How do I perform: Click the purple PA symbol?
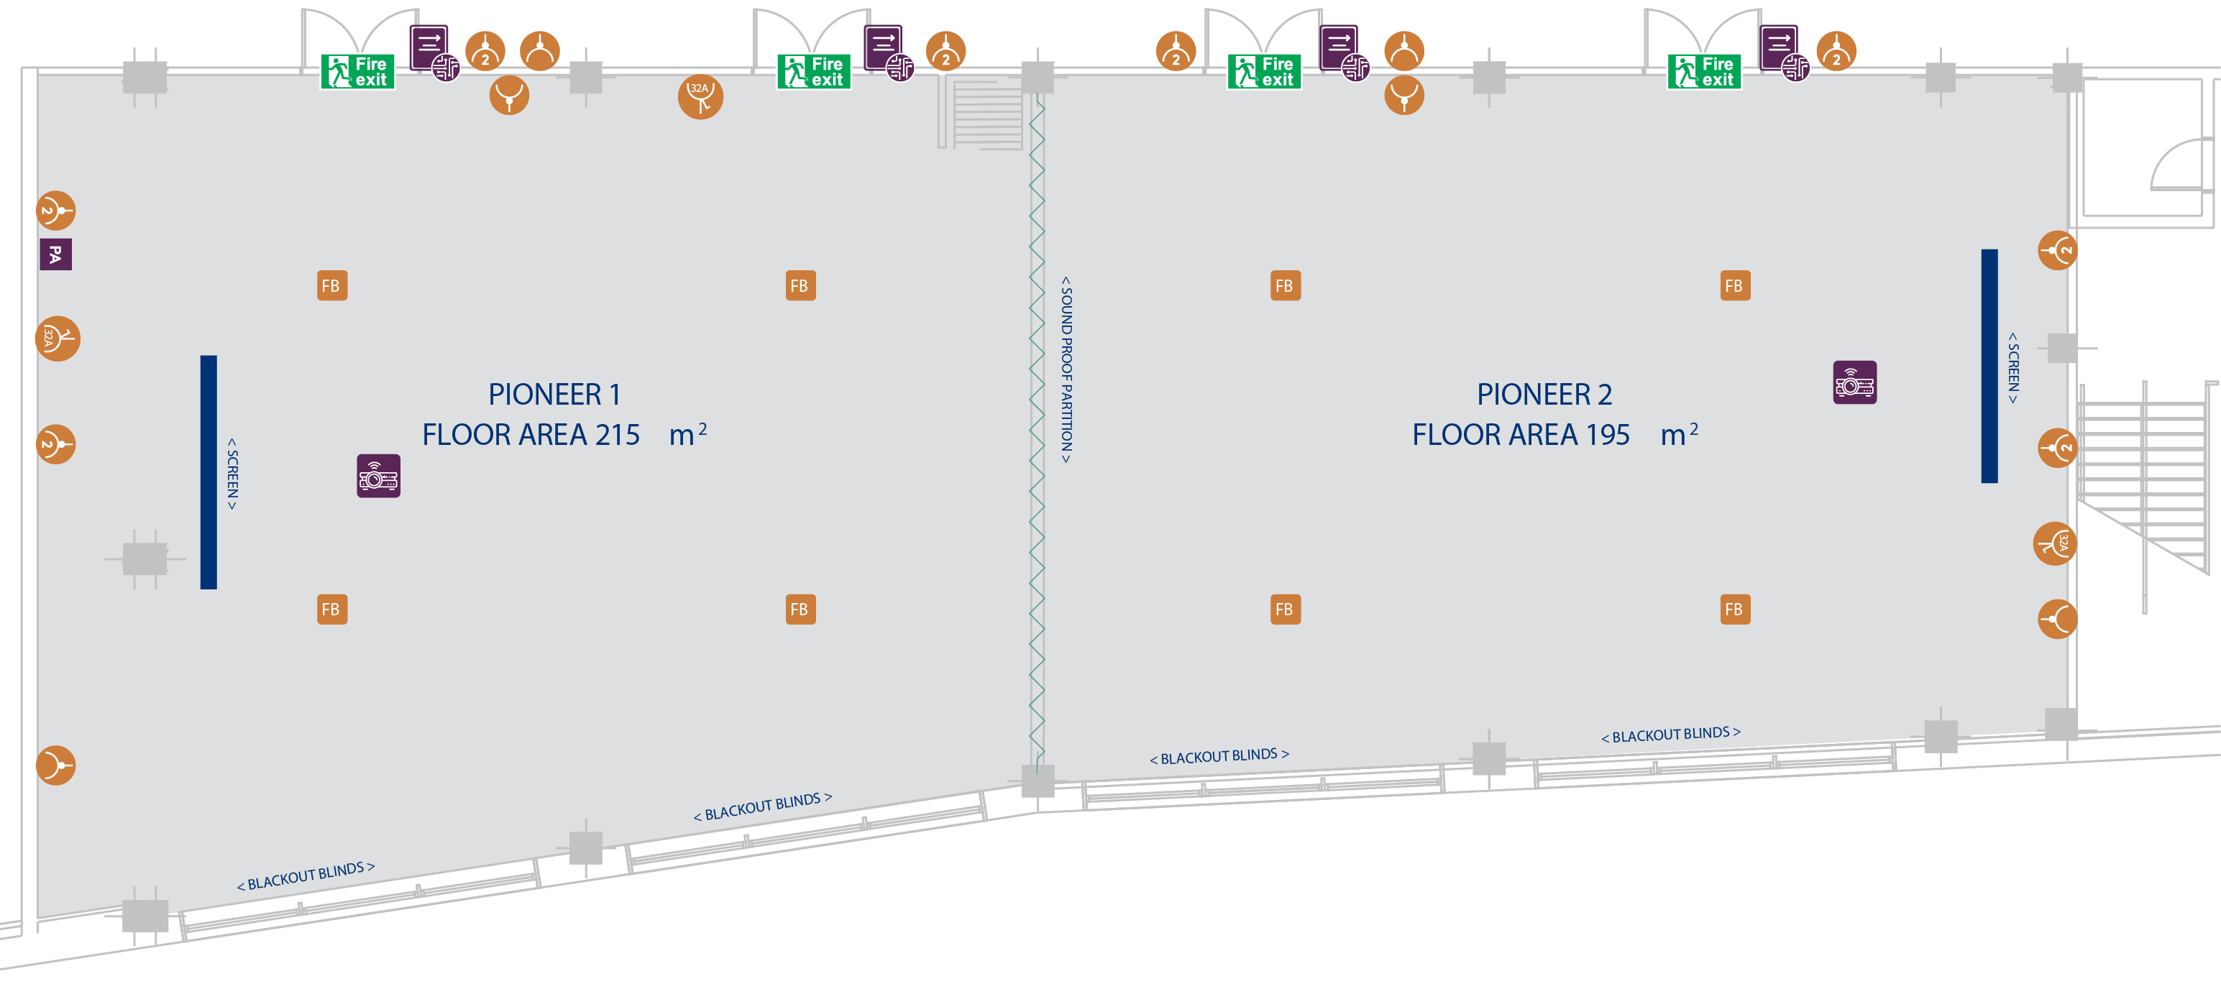[55, 254]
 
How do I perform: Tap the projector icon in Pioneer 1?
[378, 476]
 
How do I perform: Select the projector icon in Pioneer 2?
[1854, 383]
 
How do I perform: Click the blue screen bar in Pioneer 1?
[209, 472]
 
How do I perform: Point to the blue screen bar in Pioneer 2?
[1989, 366]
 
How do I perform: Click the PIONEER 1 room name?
[554, 394]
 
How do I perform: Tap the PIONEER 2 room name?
[1543, 394]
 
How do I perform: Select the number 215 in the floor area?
[616, 435]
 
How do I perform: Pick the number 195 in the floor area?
[1606, 435]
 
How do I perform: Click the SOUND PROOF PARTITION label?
[1066, 370]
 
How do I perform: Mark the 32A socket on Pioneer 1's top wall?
[700, 96]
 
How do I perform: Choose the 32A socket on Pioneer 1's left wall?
[57, 339]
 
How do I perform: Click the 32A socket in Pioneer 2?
[2056, 543]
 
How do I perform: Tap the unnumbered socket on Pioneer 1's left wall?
[56, 765]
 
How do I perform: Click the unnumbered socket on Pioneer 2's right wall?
[2057, 619]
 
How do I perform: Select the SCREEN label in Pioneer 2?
[2013, 367]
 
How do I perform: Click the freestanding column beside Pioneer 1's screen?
[144, 558]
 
